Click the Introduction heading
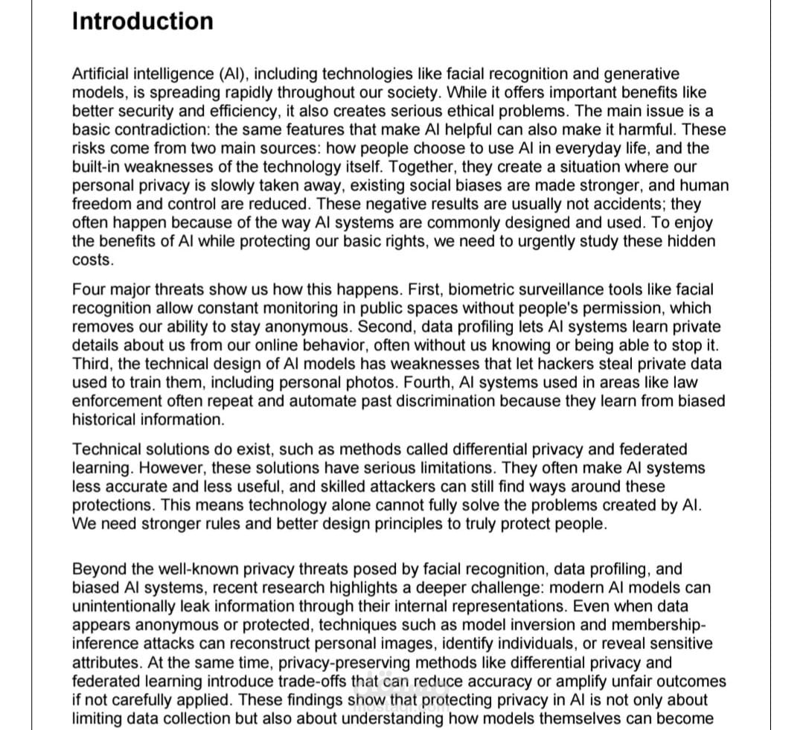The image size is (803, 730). tap(142, 21)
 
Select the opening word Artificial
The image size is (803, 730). tap(102, 74)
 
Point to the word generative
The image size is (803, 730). tap(641, 74)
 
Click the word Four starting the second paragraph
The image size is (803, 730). tap(89, 289)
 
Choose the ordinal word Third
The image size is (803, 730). tap(92, 364)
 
